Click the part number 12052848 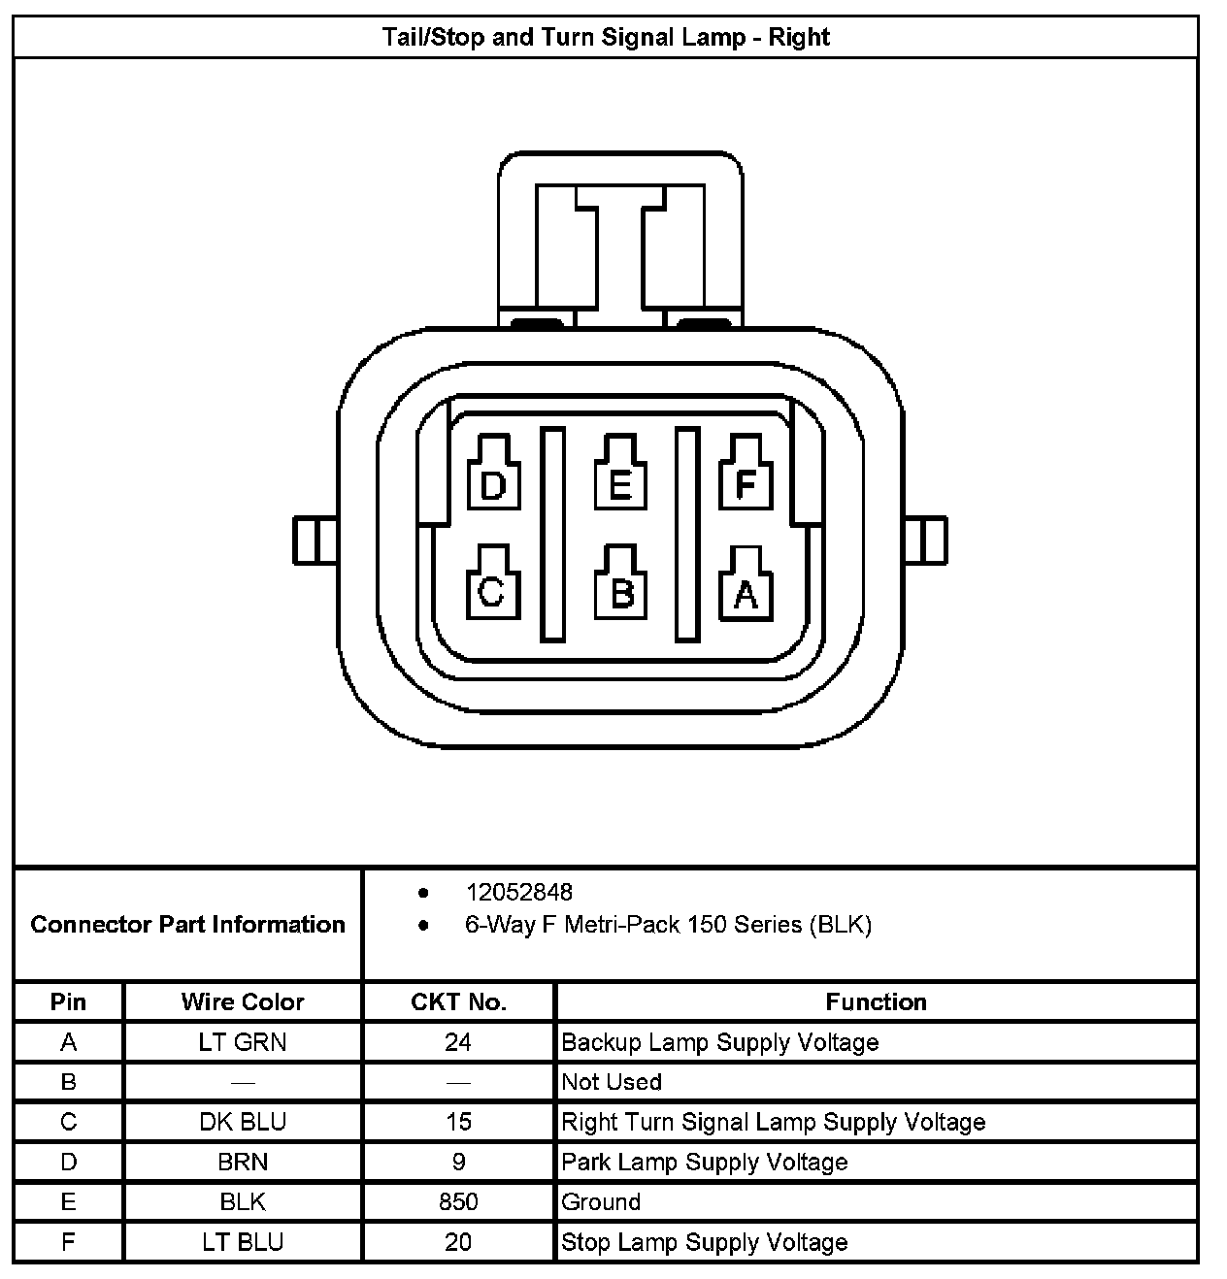[519, 892]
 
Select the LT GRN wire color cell [243, 1042]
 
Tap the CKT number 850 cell [458, 1201]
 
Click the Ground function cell [602, 1201]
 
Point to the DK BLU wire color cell [243, 1122]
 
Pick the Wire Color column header [243, 1001]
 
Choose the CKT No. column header [458, 1001]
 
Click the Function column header [876, 1001]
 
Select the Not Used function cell [612, 1082]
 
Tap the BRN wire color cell [243, 1162]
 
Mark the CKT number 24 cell [458, 1042]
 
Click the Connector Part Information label [188, 924]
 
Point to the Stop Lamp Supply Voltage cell [705, 1242]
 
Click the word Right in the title [799, 37]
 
